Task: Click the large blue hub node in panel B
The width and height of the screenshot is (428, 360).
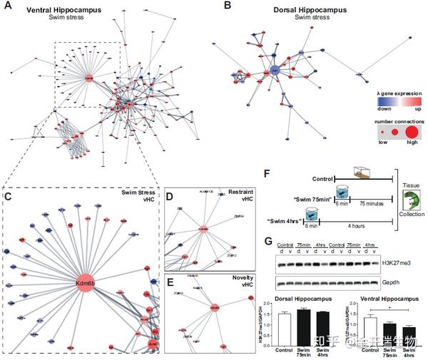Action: point(273,70)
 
